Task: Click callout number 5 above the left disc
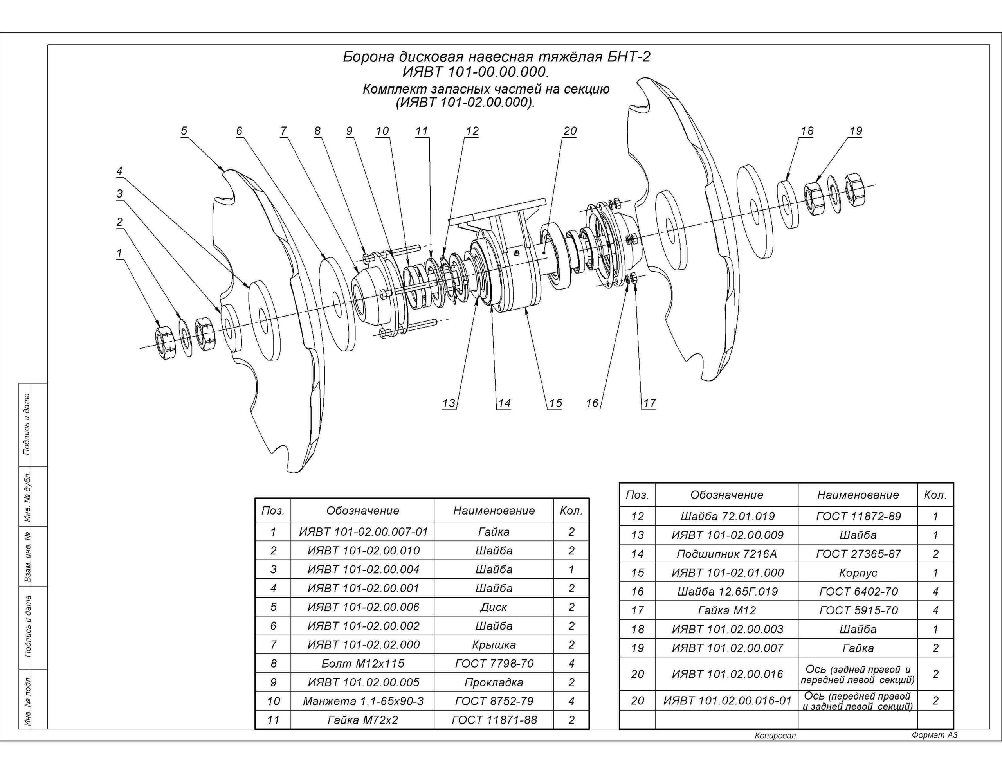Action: (184, 131)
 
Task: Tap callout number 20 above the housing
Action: (570, 131)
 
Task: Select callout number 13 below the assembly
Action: (449, 403)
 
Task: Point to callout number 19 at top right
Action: (856, 131)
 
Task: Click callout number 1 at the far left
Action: (120, 253)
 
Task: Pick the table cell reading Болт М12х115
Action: (362, 663)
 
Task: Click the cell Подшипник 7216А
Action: (727, 554)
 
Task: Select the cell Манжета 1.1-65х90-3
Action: (362, 701)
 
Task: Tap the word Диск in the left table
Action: (494, 607)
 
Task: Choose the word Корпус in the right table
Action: (858, 573)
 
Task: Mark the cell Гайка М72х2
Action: (362, 720)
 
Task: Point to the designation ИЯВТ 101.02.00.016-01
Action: (727, 700)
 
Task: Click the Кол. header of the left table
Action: (571, 511)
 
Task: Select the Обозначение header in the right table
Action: (727, 495)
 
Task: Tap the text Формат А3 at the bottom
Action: (935, 735)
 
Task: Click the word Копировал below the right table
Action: (775, 736)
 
